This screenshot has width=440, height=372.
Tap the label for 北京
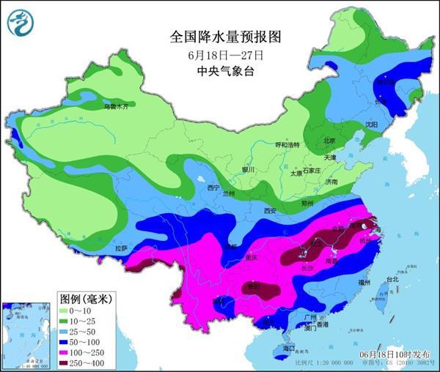coord(329,141)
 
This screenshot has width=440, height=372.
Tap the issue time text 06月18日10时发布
coord(390,354)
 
